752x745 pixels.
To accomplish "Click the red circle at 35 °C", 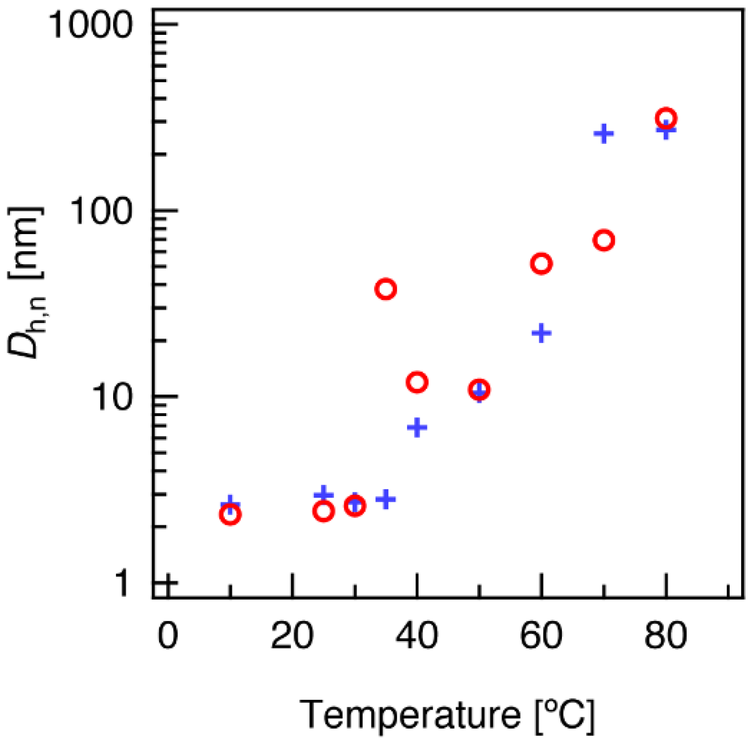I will tap(385, 289).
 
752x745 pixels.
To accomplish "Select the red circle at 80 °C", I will tap(665, 118).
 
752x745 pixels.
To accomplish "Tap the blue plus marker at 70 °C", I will tap(603, 134).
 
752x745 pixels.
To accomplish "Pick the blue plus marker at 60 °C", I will tap(541, 333).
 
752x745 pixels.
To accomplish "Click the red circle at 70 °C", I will tap(603, 240).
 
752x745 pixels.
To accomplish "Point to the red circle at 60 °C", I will tap(541, 264).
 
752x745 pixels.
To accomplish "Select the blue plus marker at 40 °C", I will tap(417, 427).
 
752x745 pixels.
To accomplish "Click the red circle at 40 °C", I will tap(417, 382).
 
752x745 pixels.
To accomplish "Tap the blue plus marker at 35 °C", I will tap(385, 498).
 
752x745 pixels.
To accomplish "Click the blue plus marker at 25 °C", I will tap(324, 495).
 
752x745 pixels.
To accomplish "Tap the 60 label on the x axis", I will tap(541, 636).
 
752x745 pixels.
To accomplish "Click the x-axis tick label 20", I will tap(292, 636).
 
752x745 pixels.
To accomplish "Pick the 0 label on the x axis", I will tap(168, 636).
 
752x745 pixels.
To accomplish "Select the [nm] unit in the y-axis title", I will tap(25, 243).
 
